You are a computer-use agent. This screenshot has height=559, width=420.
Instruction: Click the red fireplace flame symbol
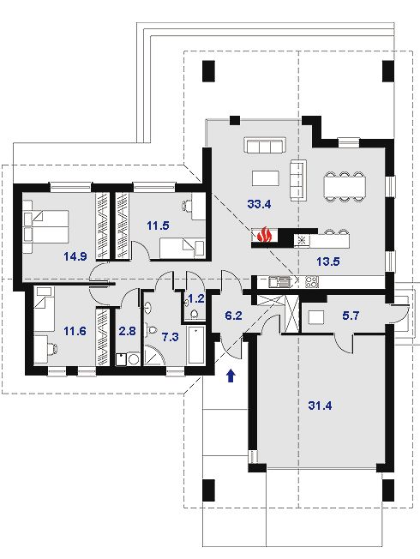tap(264, 234)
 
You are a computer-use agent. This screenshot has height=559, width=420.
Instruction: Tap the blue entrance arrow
tap(231, 376)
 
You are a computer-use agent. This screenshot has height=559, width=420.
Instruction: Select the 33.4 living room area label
tap(259, 204)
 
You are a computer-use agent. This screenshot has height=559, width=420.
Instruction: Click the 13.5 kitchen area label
tap(328, 261)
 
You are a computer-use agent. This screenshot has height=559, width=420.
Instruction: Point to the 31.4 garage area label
tap(320, 406)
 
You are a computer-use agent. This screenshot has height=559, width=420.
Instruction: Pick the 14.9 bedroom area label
tap(75, 256)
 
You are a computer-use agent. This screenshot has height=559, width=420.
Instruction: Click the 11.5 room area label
tap(158, 225)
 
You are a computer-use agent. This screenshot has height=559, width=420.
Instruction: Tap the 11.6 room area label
tap(75, 331)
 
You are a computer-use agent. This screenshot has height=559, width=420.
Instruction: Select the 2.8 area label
tap(127, 331)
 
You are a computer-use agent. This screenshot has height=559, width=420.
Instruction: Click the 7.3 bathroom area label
tap(171, 337)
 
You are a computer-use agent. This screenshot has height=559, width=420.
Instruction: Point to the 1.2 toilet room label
tap(196, 298)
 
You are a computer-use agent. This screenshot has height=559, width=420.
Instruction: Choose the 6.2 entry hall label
tap(234, 316)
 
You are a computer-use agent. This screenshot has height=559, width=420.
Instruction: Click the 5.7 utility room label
tap(351, 316)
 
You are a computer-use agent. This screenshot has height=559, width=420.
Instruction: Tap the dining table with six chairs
tap(345, 187)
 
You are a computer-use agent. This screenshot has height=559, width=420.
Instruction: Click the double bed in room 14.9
tap(45, 226)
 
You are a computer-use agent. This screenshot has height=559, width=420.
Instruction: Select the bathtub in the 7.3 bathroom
tap(196, 345)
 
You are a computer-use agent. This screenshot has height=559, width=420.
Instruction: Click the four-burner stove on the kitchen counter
tap(311, 281)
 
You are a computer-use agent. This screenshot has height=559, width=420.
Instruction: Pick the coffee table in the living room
tap(266, 177)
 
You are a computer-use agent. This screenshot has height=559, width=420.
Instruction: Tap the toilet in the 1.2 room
tap(195, 314)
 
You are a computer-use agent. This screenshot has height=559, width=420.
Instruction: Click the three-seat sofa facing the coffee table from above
tap(265, 146)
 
